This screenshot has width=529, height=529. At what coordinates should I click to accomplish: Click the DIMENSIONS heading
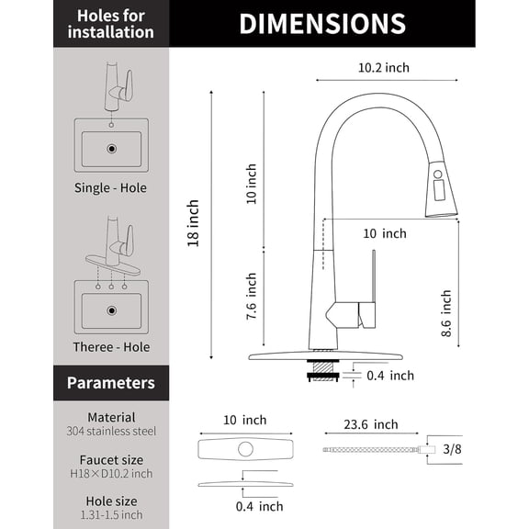pos(321,24)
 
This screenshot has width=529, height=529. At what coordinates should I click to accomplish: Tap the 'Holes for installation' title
pos(110,24)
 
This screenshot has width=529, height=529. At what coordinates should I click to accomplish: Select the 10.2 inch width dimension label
pos(383,67)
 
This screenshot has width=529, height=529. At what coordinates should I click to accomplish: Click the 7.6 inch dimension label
pos(252,295)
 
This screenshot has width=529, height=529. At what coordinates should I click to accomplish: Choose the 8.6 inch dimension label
pos(446,315)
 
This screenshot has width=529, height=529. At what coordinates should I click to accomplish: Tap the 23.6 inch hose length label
pos(369,424)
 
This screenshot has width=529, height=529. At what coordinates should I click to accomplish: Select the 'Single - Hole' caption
pos(110,188)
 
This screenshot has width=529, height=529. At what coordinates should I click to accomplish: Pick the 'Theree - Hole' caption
pos(110,347)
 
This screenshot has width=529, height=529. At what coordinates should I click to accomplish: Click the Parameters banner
pos(110,382)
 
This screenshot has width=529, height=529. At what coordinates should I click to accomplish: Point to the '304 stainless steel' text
pos(110,431)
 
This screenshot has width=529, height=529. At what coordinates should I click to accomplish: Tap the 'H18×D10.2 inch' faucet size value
pos(110,474)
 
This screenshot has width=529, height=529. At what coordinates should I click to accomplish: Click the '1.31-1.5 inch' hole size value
pos(110,515)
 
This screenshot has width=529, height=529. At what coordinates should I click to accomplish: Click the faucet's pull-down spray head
pos(441,193)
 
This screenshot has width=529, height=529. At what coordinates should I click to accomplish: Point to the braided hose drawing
pos(367,449)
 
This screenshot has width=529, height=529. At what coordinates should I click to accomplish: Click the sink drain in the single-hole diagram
pos(111,148)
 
